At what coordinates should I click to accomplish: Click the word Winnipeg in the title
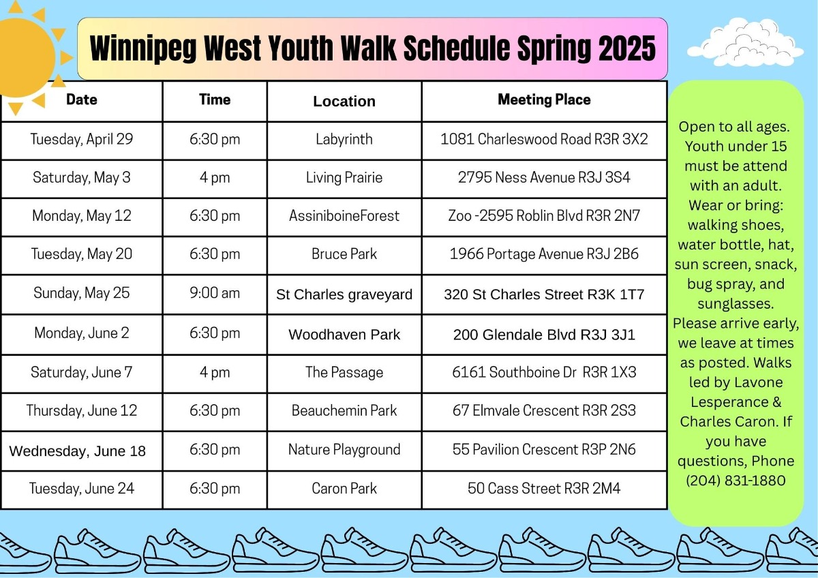[x=142, y=48]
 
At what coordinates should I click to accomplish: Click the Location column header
[x=344, y=101]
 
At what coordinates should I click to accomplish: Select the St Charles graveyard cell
[x=344, y=294]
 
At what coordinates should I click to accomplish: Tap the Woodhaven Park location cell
[x=344, y=335]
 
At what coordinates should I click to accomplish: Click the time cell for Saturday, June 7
[x=215, y=372]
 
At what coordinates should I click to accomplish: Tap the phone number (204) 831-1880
[x=736, y=481]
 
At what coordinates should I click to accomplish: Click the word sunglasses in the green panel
[x=736, y=304]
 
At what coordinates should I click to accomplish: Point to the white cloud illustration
[x=745, y=44]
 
